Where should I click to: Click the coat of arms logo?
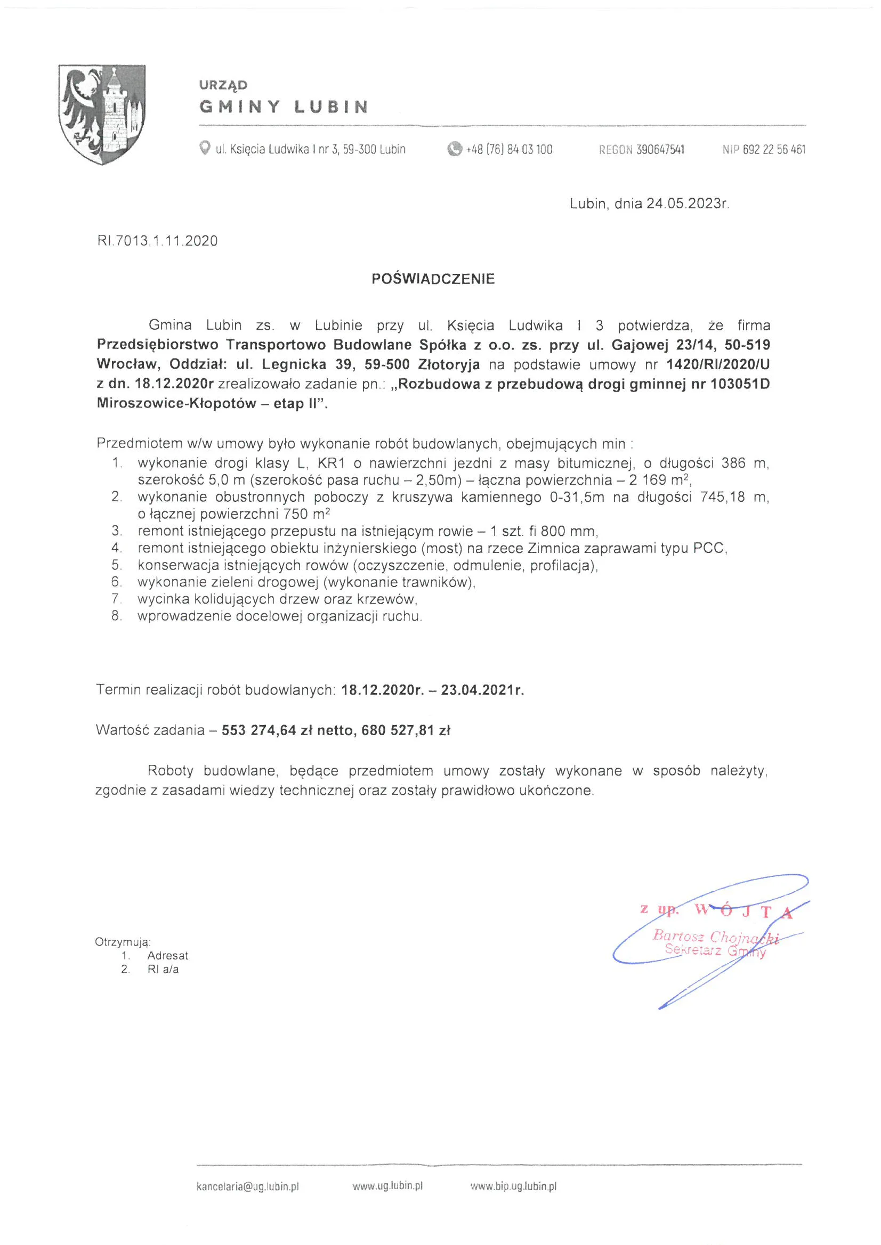[x=101, y=114]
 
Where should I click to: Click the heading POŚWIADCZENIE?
[x=433, y=279]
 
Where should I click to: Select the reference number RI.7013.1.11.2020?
[x=157, y=241]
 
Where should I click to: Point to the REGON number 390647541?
[x=660, y=150]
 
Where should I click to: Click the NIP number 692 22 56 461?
[x=774, y=150]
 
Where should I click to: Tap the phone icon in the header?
[x=454, y=149]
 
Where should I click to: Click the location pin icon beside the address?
[x=205, y=148]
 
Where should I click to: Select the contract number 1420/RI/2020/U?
[x=718, y=364]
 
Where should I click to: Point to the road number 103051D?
[x=740, y=384]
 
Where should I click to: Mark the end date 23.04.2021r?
[x=482, y=690]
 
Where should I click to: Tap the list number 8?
[x=117, y=616]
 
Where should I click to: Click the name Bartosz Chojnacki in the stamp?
[x=716, y=936]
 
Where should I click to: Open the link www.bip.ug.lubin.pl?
[x=513, y=1186]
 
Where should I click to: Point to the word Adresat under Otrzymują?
[x=168, y=956]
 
